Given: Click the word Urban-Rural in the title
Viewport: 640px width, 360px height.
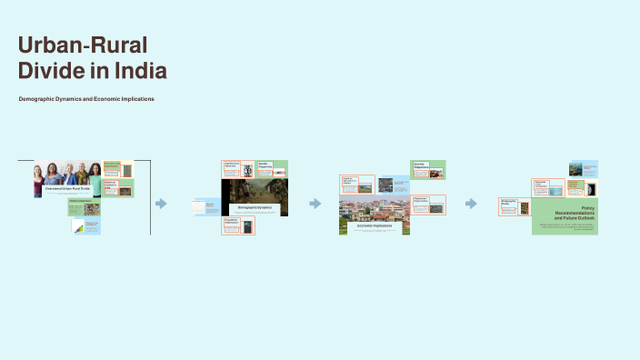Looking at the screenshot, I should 83,46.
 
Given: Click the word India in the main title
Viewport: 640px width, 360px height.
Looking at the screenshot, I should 139,71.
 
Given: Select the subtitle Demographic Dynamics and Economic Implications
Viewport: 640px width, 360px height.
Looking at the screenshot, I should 86,98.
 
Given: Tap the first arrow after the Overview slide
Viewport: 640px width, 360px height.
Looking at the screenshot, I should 161,204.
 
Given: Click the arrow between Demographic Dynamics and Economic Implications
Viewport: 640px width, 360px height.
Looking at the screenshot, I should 315,204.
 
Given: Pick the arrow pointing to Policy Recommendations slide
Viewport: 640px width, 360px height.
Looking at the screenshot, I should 471,204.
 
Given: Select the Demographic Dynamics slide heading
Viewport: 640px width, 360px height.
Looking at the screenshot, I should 255,207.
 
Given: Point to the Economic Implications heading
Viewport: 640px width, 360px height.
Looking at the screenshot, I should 375,225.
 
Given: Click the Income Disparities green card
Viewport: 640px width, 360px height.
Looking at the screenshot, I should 427,169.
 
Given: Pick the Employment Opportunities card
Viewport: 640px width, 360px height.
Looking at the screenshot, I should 428,204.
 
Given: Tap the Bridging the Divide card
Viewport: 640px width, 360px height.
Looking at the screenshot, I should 514,205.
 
